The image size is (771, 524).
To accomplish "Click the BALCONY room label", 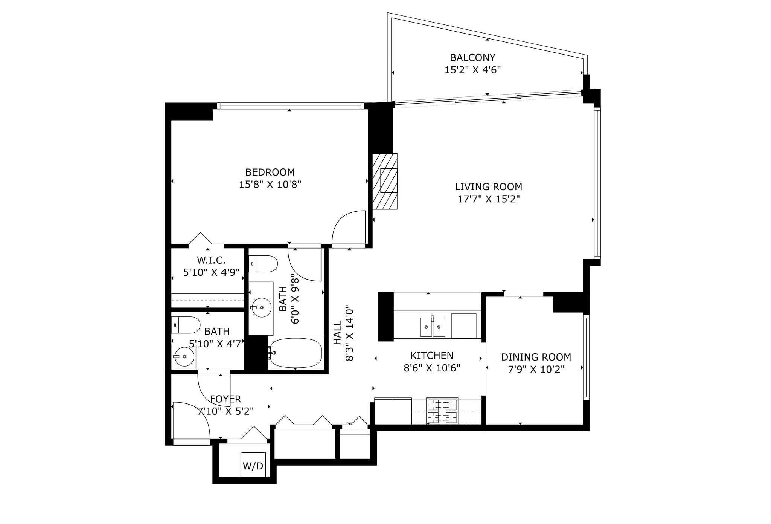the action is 472,58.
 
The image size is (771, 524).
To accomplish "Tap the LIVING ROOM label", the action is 488,187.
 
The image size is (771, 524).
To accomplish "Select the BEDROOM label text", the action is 270,172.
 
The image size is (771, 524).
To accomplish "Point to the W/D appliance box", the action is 253,464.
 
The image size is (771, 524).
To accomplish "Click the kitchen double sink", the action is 433,327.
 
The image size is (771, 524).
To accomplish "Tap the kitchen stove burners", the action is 442,411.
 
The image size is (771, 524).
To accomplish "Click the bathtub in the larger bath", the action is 295,353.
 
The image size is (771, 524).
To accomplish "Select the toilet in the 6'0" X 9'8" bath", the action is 263,264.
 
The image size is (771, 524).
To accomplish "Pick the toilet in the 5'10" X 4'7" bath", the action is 186,325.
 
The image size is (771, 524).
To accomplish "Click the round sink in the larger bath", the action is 261,308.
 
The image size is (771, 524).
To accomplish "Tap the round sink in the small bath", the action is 184,356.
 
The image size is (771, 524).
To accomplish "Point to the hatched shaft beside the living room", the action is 385,181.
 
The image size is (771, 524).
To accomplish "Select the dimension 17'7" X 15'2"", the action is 488,199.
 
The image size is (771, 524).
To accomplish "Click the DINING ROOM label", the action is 536,357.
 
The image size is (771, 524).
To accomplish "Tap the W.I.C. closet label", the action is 211,260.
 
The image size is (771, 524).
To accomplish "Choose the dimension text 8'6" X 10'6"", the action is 432,368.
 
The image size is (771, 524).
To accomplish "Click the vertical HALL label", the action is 337,333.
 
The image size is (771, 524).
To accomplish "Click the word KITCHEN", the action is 432,356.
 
